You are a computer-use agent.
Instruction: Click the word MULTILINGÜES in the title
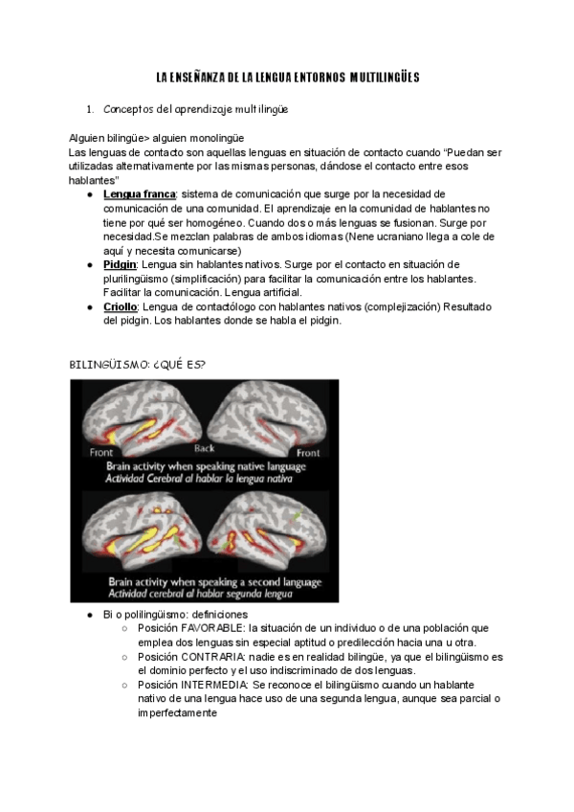coord(385,76)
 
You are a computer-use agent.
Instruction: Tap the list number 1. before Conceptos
coord(89,110)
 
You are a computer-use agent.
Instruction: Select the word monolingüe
coord(209,139)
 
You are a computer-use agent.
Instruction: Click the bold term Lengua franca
coord(140,194)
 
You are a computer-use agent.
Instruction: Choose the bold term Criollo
coord(121,306)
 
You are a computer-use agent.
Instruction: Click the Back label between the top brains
coord(204,448)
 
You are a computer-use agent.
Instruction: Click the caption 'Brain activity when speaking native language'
coord(206,466)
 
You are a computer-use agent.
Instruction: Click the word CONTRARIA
coord(210,657)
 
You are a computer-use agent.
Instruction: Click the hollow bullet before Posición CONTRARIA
coord(126,658)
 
